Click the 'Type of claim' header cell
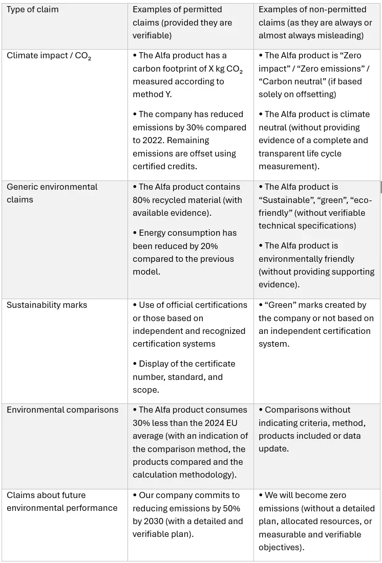point(33,10)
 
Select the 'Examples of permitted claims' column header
point(182,22)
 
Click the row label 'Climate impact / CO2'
point(49,56)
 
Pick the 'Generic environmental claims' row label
point(52,193)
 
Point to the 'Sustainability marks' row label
point(47,305)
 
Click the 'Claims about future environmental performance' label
point(62,502)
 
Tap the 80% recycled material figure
point(143,200)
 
